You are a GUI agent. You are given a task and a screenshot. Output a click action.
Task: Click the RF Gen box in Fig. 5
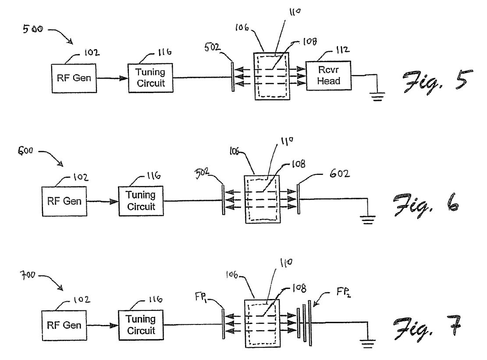point(74,78)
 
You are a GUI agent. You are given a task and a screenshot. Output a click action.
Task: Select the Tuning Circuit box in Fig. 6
point(141,201)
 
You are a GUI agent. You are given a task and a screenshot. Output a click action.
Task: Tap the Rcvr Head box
point(329,75)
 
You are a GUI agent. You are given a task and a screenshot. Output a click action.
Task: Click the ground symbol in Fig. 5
point(377,96)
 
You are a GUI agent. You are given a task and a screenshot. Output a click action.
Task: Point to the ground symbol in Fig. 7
point(368,344)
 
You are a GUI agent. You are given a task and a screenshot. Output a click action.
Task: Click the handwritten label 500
point(32,29)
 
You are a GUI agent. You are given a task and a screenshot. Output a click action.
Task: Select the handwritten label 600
point(25,151)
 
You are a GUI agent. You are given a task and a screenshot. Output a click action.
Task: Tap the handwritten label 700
point(28,275)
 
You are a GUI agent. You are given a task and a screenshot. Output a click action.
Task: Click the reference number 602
point(339,173)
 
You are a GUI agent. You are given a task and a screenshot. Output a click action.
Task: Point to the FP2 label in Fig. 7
point(344,292)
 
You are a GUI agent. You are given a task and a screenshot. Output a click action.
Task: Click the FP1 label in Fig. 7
point(201,297)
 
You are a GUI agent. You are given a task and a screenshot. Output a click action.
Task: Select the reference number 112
point(343,50)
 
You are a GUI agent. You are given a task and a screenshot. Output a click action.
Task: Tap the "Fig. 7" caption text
point(427,328)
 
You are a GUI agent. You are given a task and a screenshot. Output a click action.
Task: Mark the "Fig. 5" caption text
point(437,82)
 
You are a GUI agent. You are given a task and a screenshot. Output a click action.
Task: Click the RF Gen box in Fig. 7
point(64,325)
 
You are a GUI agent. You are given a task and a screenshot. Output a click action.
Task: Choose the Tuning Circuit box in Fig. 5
point(151,78)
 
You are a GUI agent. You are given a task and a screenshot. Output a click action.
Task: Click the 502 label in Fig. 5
point(212,47)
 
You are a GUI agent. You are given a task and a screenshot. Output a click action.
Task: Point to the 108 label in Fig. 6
point(299,164)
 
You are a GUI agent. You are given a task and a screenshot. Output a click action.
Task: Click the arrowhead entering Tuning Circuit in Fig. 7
point(114,325)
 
